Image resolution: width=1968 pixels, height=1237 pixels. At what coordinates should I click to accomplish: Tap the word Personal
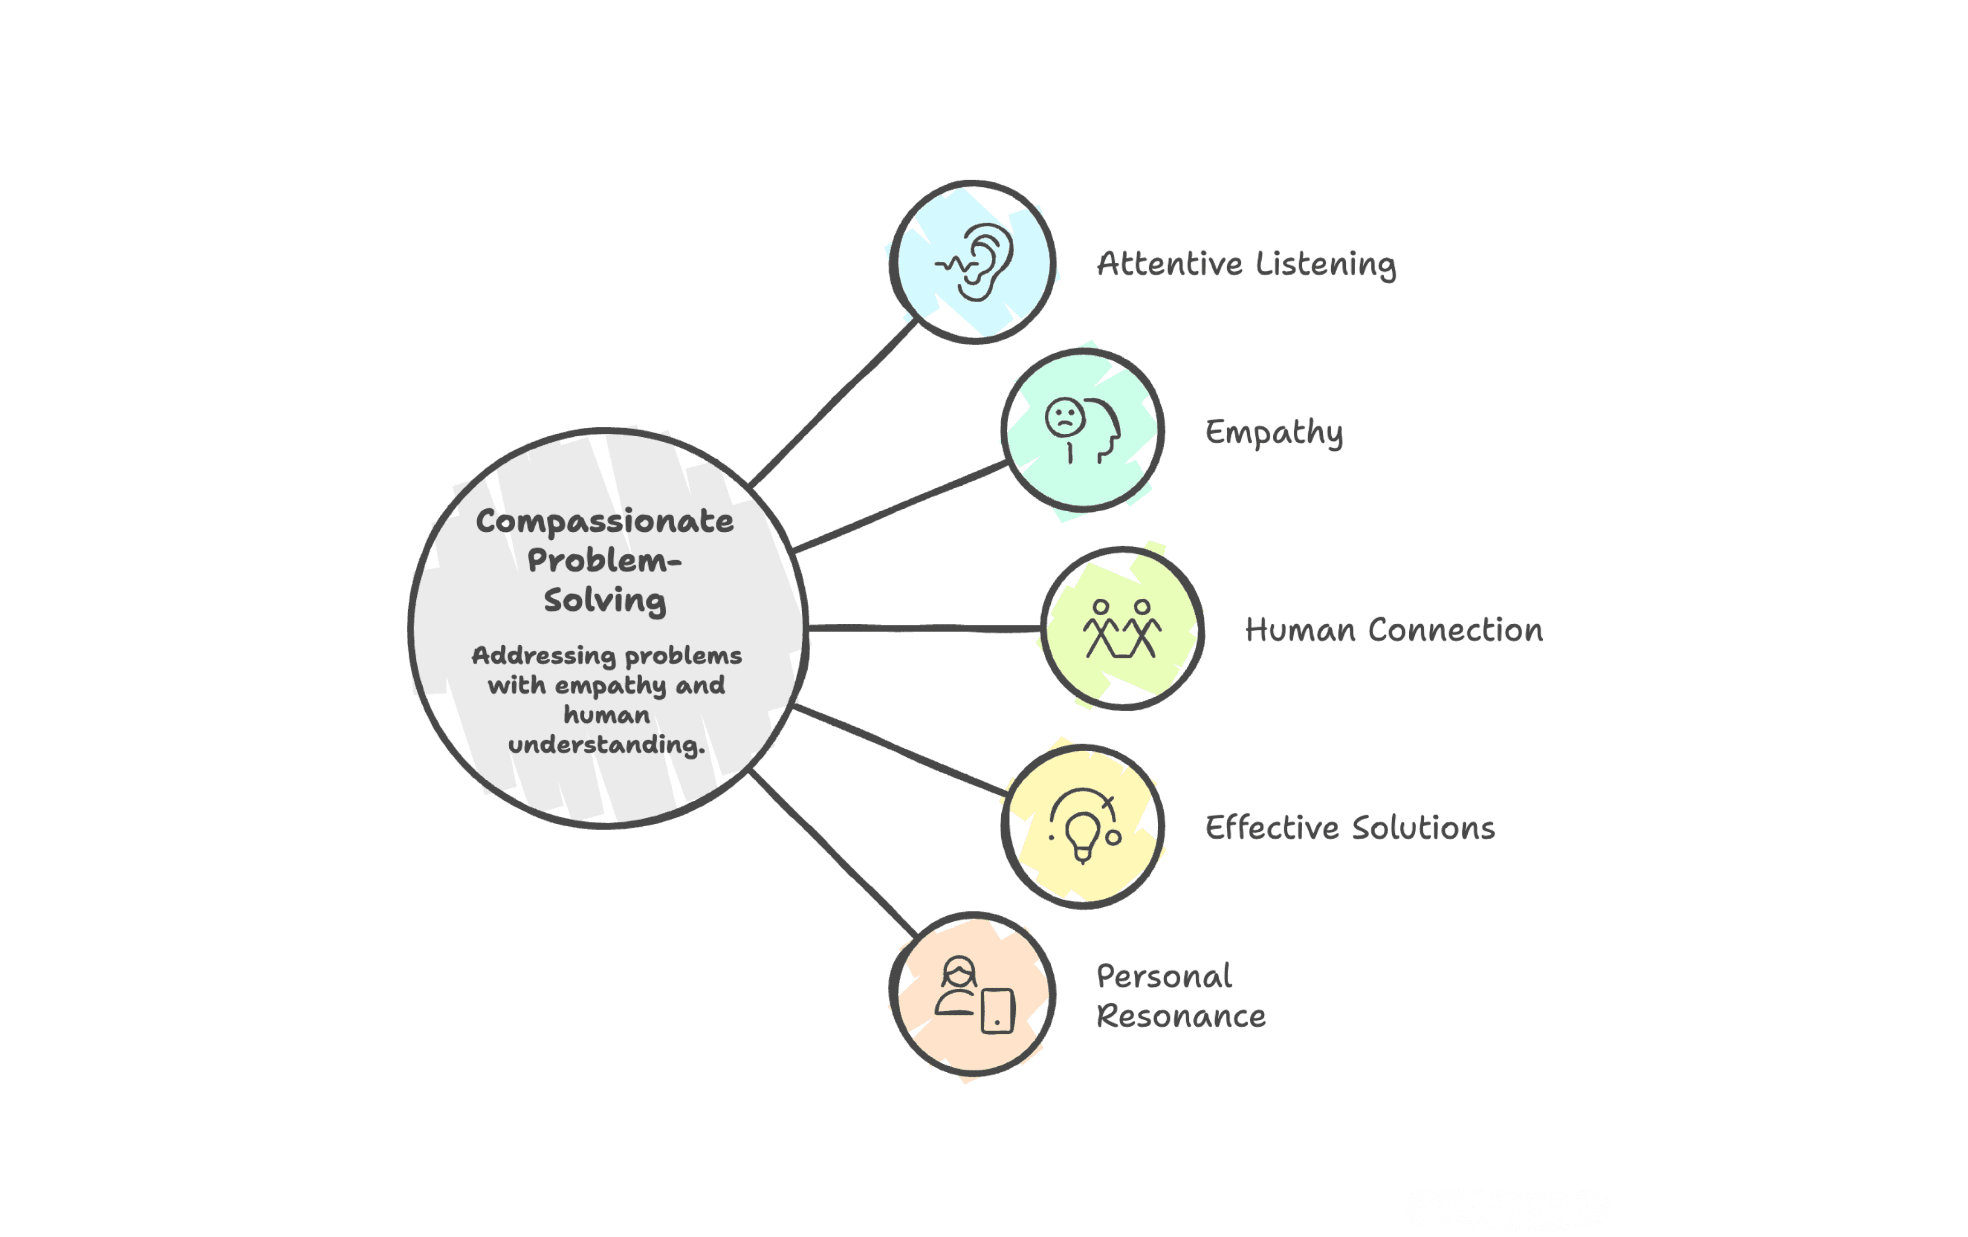tap(1164, 976)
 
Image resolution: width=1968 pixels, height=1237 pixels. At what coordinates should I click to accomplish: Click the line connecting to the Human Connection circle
tap(923, 628)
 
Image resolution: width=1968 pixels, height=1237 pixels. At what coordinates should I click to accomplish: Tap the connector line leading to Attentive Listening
tap(834, 402)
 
